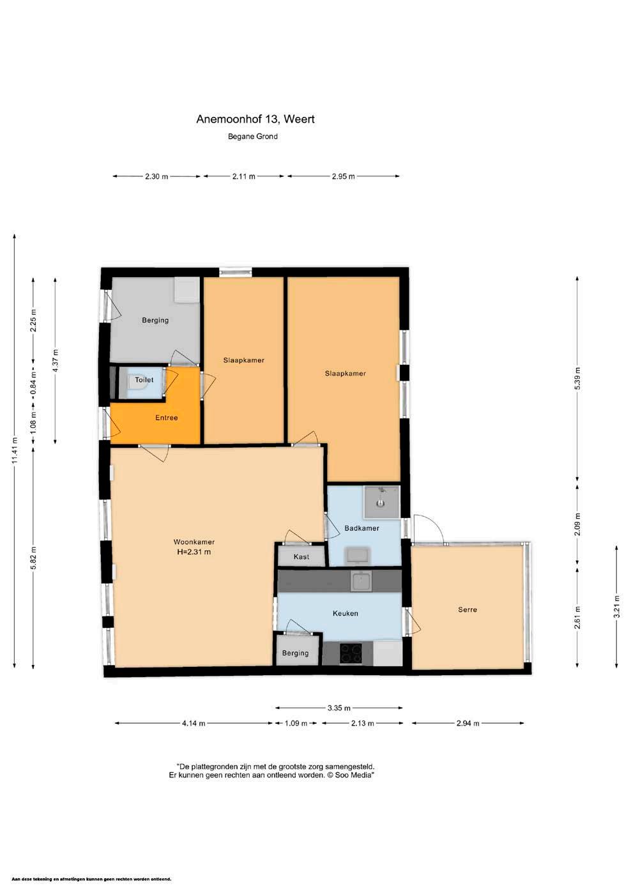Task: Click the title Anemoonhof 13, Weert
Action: (255, 119)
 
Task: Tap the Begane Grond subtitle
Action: (253, 136)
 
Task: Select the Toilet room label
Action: (144, 379)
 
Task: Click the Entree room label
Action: (166, 418)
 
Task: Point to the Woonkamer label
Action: (194, 542)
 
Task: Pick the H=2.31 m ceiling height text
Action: (194, 552)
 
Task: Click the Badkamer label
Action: (361, 528)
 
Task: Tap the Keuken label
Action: (345, 613)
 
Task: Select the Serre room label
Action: (468, 609)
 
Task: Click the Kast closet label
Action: (301, 556)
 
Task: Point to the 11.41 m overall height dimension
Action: (15, 450)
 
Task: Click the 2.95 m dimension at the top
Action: (343, 176)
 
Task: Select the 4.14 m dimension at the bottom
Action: (194, 723)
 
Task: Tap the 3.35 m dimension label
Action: (339, 708)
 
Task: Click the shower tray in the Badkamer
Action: (381, 502)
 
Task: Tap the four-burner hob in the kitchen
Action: (351, 654)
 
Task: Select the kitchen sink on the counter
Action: (361, 581)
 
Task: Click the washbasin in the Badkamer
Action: (358, 556)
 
